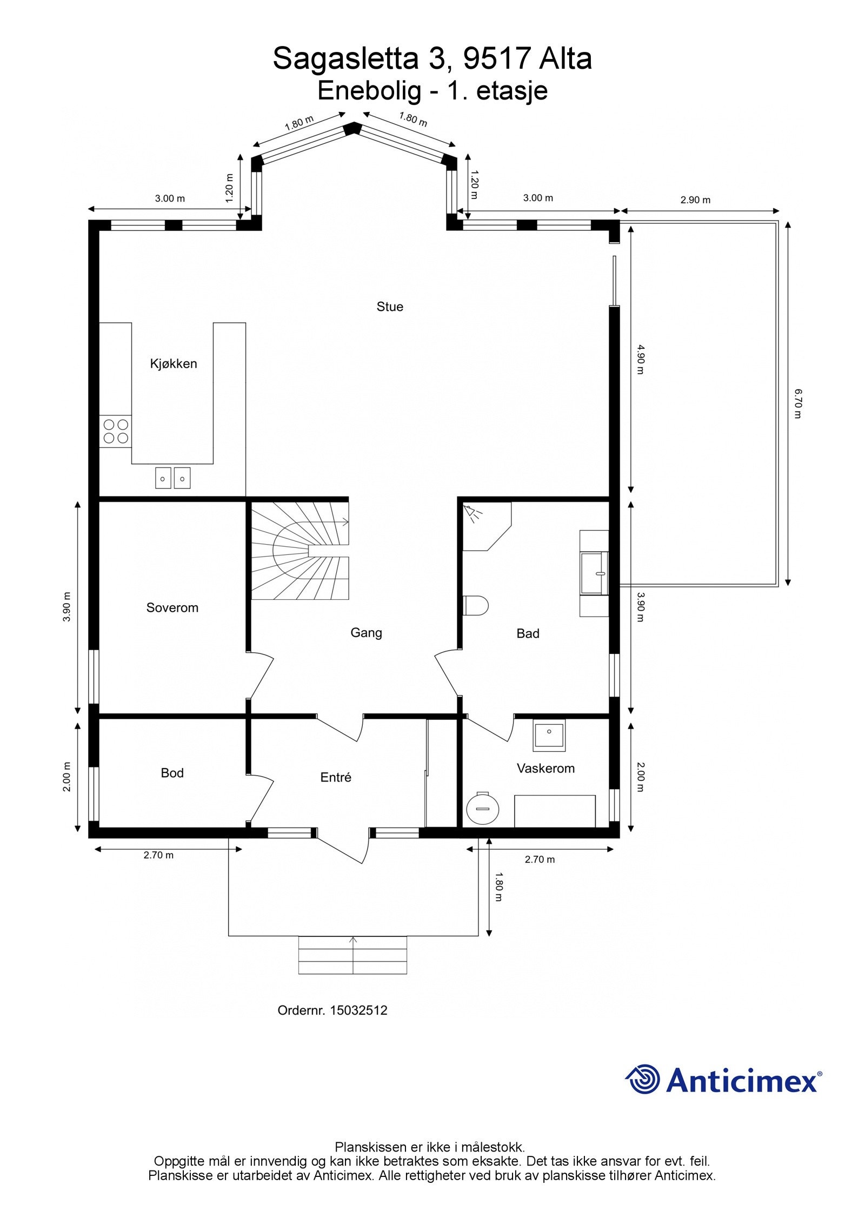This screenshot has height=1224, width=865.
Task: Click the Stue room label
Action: (390, 307)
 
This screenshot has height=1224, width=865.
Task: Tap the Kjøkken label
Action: (174, 363)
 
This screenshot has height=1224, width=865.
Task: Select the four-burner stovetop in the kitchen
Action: (116, 432)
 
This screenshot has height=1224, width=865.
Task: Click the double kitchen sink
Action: (173, 478)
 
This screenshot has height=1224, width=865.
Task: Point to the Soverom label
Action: (172, 607)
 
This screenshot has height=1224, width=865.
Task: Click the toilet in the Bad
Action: (476, 605)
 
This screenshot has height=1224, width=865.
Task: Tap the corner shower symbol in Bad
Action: (473, 512)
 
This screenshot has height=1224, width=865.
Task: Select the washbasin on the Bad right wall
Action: (594, 573)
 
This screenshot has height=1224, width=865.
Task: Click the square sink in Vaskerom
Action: (549, 735)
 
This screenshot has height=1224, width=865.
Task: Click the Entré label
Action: (336, 777)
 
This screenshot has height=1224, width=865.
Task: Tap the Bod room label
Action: (172, 773)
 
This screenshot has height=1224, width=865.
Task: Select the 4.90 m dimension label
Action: (640, 360)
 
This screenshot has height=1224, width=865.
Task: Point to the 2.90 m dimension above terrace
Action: (695, 200)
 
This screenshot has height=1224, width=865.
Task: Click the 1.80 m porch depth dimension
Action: (498, 886)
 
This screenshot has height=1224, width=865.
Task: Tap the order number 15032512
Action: (358, 1010)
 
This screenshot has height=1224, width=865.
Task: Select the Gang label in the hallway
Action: (366, 633)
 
